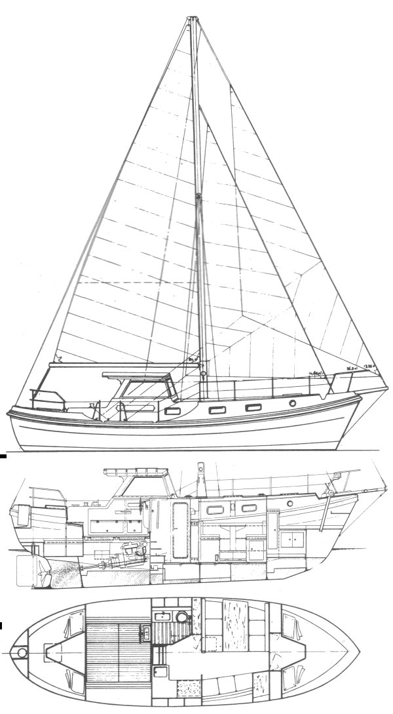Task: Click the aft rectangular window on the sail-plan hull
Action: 174,411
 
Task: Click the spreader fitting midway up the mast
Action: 198,195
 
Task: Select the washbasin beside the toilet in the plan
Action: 159,616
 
